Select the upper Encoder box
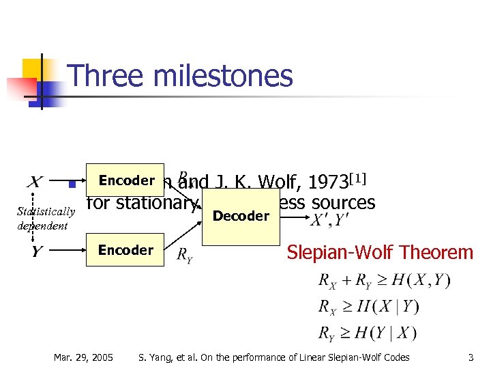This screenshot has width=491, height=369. (125, 181)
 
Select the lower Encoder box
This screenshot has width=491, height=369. (125, 250)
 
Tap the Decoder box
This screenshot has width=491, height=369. (241, 217)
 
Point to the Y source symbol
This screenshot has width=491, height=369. (35, 251)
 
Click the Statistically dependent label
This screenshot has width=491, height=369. (46, 218)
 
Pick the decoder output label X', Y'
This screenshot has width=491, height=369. (329, 220)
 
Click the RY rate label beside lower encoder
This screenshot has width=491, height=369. (185, 255)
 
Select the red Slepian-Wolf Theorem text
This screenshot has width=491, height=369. (379, 252)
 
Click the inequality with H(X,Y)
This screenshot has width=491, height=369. (383, 279)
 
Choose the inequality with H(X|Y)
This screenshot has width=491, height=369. (368, 306)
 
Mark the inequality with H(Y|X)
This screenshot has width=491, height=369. (368, 333)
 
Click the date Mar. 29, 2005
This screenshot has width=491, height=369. (84, 357)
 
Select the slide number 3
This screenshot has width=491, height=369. (471, 357)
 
